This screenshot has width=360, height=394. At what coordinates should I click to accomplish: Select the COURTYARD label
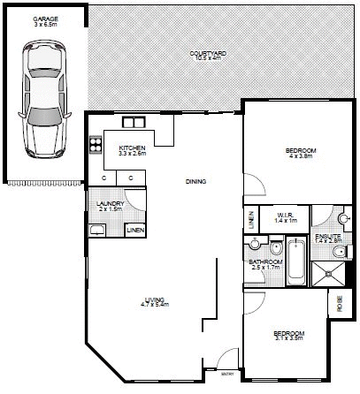point(207,55)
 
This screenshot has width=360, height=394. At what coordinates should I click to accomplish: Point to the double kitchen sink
point(134,123)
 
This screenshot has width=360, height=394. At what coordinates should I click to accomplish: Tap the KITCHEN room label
point(131,148)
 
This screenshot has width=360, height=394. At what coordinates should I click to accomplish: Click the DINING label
point(195,182)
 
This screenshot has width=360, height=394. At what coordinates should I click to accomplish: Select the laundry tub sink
point(96,231)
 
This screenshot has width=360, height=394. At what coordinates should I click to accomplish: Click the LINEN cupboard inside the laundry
point(134,230)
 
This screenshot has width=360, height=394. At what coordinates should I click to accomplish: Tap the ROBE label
point(339,302)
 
